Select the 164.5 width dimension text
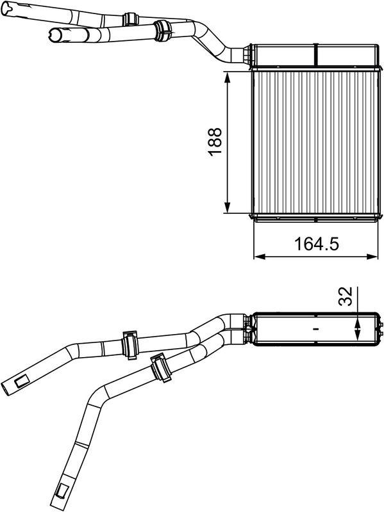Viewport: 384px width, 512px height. point(315,244)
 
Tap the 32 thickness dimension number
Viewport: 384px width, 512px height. point(345,297)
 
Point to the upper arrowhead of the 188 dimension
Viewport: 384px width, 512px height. point(228,76)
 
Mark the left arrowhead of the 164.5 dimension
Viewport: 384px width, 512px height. point(258,257)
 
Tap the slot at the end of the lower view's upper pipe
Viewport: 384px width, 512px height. point(20,382)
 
